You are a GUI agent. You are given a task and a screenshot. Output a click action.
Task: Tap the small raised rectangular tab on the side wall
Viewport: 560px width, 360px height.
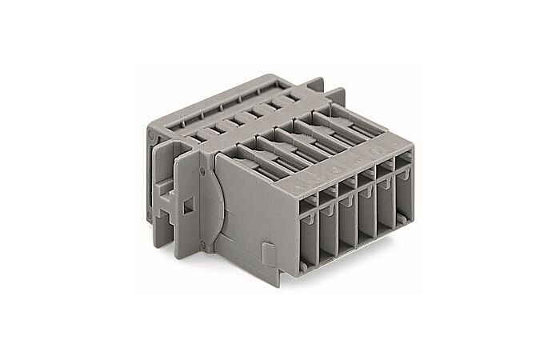[x=269, y=255]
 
